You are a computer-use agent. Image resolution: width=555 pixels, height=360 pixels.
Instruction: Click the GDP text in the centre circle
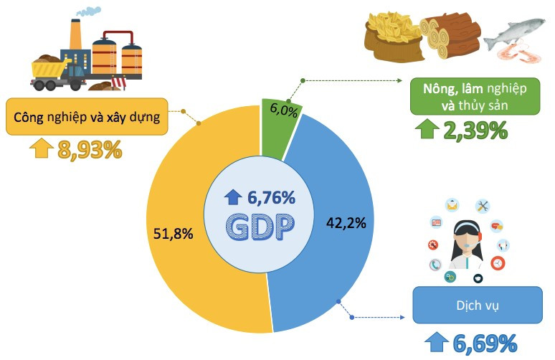click(x=259, y=228)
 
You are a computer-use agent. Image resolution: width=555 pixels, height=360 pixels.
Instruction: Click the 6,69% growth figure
click(x=485, y=343)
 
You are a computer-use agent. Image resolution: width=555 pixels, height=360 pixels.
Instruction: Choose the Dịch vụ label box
click(x=477, y=306)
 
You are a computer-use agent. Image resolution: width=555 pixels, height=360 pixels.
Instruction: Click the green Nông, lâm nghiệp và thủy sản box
click(x=475, y=96)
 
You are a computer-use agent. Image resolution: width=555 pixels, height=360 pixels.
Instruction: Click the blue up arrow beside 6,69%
click(x=436, y=343)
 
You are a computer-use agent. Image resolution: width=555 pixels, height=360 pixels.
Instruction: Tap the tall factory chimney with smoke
click(x=75, y=36)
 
